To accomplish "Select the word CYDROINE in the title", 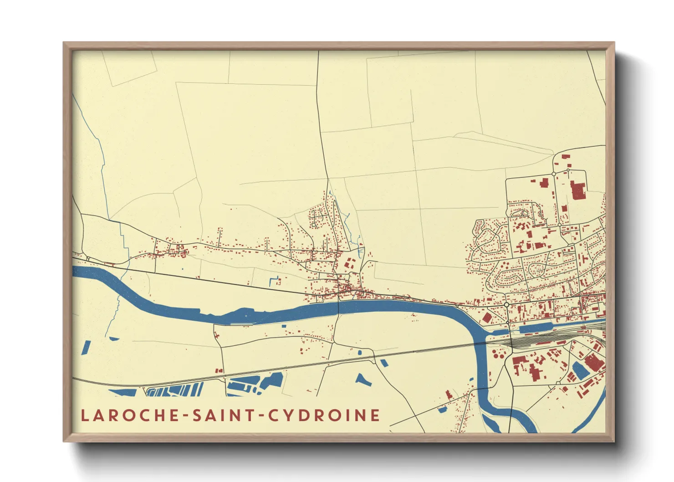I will pos(324,415).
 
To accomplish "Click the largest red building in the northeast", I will pos(577,190).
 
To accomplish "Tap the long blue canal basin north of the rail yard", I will pos(536,328).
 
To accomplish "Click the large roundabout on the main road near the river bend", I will pos(506,304).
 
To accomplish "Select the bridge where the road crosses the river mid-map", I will pos(339,308).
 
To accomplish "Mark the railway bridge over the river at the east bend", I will pos(480,343).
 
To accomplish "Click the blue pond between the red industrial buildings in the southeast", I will pos(580,370).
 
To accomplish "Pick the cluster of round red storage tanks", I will pos(497,353).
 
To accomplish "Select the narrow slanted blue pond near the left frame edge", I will pos(86,348).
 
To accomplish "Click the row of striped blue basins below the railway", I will pos(175,390).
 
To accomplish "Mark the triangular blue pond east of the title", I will pos(363,379).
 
